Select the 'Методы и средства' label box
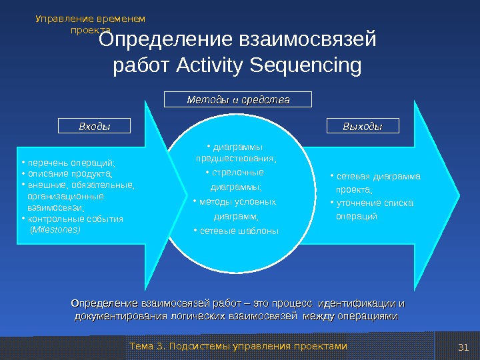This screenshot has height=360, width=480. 239,100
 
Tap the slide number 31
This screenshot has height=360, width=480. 465,347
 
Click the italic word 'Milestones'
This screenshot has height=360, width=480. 56,229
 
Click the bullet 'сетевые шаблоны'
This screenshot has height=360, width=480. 233,231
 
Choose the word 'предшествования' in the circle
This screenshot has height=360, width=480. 236,159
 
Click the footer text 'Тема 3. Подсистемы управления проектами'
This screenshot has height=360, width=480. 238,347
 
